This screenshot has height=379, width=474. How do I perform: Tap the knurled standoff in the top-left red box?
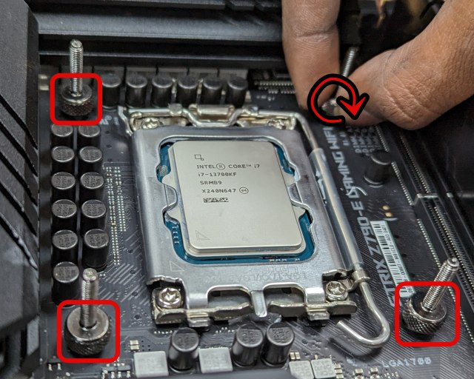tap(77, 101)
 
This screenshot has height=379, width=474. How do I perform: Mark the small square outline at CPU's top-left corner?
tap(198, 157)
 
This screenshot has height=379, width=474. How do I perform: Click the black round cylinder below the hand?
tap(378, 166)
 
